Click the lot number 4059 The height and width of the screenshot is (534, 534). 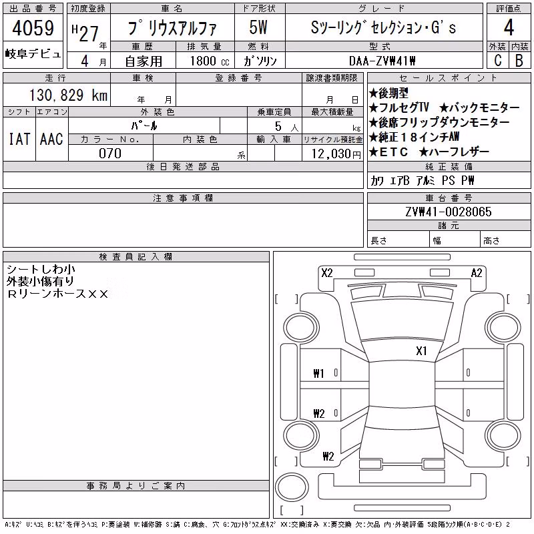[33, 28]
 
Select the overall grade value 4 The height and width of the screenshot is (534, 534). [509, 27]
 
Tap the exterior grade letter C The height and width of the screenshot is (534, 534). [497, 60]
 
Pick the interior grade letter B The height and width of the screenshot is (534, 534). [519, 60]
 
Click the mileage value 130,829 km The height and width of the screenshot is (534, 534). [68, 95]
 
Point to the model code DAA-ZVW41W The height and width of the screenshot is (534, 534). [382, 61]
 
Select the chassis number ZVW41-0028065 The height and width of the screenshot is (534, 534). [449, 212]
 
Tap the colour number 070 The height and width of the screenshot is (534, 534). [110, 154]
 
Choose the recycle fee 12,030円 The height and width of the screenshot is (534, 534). [336, 154]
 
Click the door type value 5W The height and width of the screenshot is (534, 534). [258, 27]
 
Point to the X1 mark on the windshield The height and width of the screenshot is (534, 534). [421, 351]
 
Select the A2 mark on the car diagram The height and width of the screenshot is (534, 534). [477, 273]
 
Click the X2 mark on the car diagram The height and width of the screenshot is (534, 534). [327, 273]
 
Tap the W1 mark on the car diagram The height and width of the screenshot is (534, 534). [318, 374]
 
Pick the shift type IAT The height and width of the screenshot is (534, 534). [19, 139]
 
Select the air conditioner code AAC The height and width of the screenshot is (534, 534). [51, 139]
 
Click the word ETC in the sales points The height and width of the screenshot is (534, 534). [394, 152]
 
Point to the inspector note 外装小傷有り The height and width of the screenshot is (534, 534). [40, 281]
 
